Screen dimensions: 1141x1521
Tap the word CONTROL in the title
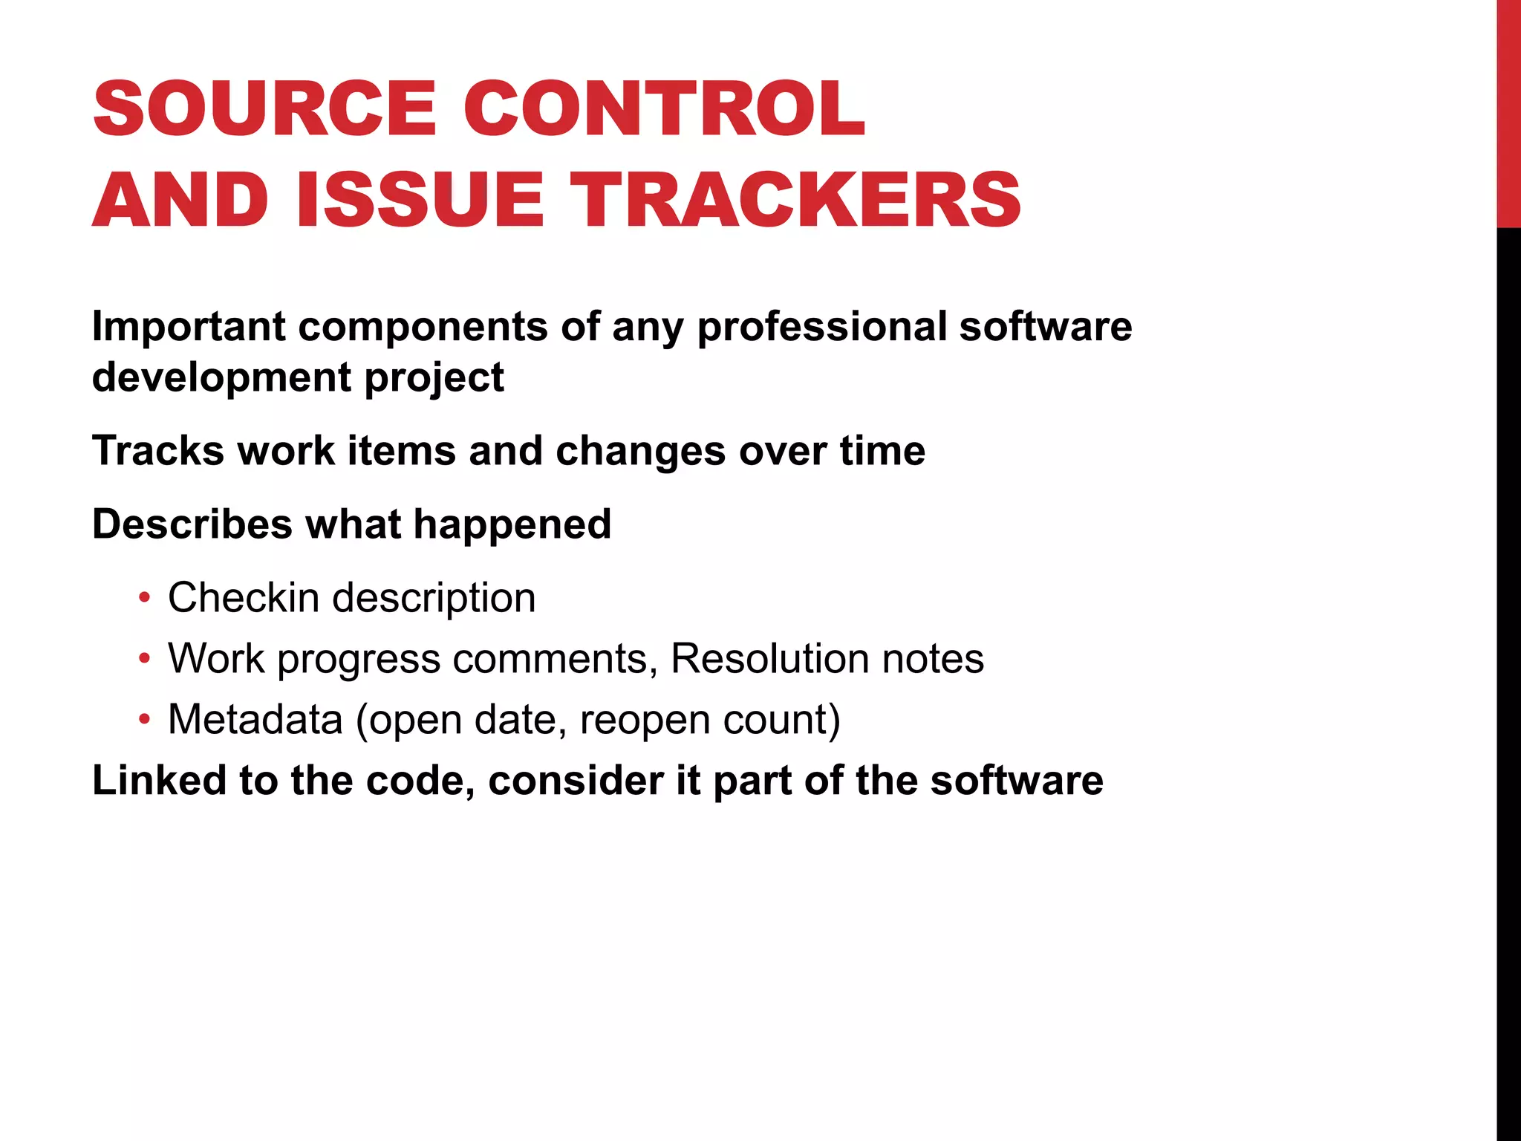pyautogui.click(x=664, y=109)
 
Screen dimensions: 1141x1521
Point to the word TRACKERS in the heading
pyautogui.click(x=798, y=200)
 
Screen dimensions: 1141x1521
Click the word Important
pyautogui.click(x=189, y=327)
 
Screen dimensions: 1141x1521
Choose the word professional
pyautogui.click(x=821, y=327)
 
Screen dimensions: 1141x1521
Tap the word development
pyautogui.click(x=221, y=377)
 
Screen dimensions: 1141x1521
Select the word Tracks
pyautogui.click(x=157, y=451)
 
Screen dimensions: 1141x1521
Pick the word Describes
pyautogui.click(x=192, y=524)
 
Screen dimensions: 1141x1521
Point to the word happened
pyautogui.click(x=512, y=524)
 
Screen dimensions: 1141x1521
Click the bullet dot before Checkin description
pyautogui.click(x=145, y=598)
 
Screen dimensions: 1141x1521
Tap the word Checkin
pyautogui.click(x=244, y=598)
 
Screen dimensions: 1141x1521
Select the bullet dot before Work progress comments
pyautogui.click(x=145, y=659)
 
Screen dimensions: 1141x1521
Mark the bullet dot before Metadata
pyautogui.click(x=145, y=720)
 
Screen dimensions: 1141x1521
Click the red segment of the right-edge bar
pyautogui.click(x=1508, y=111)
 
